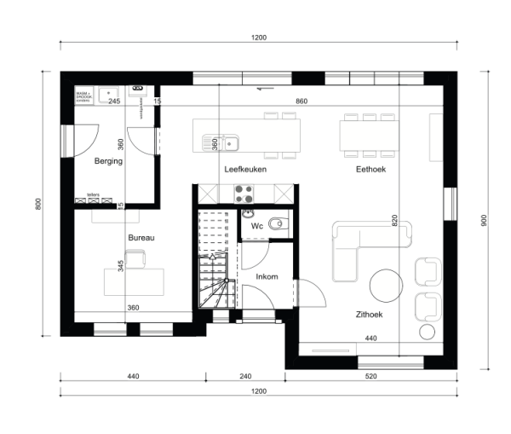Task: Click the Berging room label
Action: pos(109,160)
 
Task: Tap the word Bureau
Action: pos(141,238)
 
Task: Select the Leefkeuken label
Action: pos(245,170)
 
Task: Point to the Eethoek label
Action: pos(371,170)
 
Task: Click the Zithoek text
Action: pos(369,315)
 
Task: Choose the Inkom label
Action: pos(267,276)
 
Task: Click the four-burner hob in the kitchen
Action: pos(244,193)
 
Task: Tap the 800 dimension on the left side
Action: pos(37,205)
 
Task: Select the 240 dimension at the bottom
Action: pos(244,376)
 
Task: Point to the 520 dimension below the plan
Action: pos(371,376)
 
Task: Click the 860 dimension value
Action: pos(301,101)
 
